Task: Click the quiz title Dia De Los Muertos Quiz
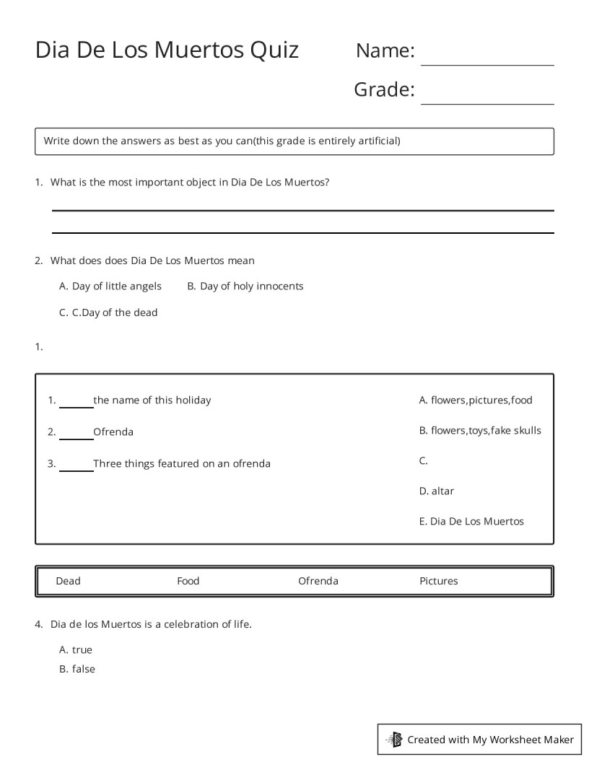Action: [167, 50]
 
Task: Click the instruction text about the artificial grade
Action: [222, 141]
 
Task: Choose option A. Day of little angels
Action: [110, 286]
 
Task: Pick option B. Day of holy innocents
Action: [245, 286]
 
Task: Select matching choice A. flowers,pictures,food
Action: [476, 400]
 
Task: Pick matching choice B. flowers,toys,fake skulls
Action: [480, 431]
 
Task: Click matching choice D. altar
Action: [437, 491]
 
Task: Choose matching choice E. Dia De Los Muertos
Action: [471, 522]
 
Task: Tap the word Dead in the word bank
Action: [69, 581]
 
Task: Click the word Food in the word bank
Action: [188, 581]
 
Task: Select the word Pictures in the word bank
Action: [439, 581]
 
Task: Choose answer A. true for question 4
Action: [76, 650]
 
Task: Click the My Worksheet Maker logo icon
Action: [394, 740]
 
